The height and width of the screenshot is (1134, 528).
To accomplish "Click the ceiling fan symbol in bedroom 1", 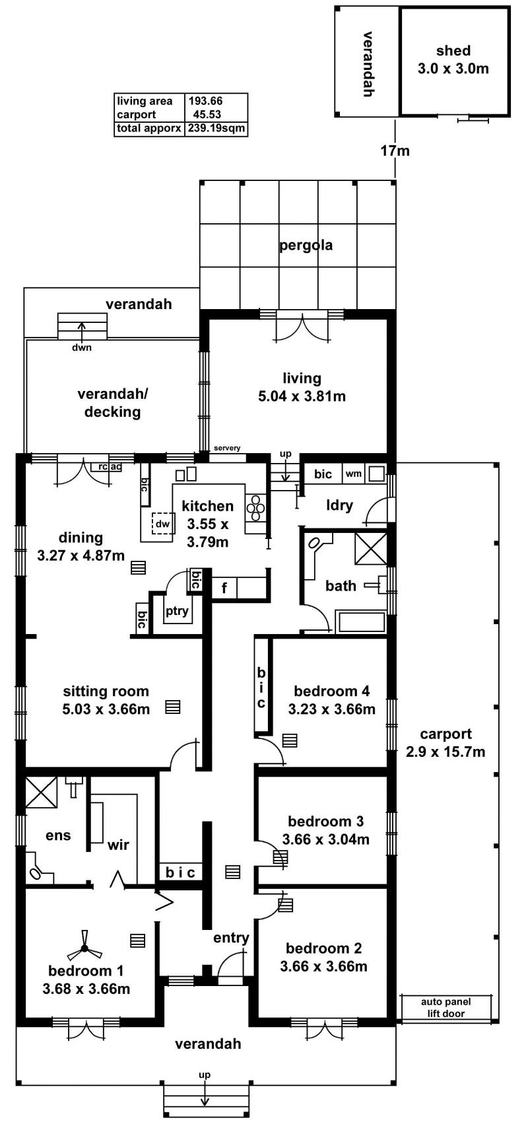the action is tap(84, 949).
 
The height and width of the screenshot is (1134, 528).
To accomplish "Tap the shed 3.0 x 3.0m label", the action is tap(453, 59).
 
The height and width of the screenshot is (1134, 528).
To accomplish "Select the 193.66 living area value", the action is tap(205, 101).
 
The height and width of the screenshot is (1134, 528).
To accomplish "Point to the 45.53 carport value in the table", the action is tap(205, 115).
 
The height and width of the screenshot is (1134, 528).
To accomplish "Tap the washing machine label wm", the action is tap(353, 474).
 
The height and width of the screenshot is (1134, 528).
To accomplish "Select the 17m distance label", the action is tap(395, 151).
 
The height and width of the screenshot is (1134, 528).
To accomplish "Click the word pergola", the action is tap(306, 246).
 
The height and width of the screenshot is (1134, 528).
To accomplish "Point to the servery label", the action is tap(227, 448).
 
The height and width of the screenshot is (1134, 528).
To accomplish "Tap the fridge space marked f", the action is tap(224, 587).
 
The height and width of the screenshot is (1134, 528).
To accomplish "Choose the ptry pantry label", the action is tap(177, 612).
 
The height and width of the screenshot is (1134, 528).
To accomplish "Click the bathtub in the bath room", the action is tap(360, 623).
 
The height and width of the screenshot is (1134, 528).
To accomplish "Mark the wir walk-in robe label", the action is tap(118, 845).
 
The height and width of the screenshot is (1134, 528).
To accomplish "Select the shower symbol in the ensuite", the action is tap(40, 792).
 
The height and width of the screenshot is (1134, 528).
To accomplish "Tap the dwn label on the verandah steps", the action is tap(82, 347).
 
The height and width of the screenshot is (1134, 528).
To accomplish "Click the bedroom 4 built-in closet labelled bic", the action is tap(262, 687).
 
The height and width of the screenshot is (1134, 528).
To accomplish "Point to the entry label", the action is tap(231, 938).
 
